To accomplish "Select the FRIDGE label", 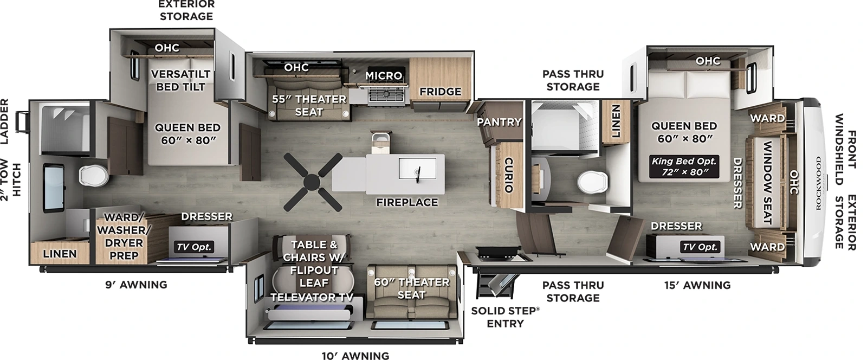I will (x=440, y=92).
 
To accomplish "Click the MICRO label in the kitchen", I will (x=384, y=75).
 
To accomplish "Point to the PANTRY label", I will (x=499, y=122).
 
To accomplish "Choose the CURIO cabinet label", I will (x=508, y=175).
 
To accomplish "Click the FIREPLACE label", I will (x=407, y=202).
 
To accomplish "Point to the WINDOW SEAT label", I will (x=767, y=183).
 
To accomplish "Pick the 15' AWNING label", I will (x=697, y=285).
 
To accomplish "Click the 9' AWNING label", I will (x=135, y=285).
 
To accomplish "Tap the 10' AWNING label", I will (x=355, y=356).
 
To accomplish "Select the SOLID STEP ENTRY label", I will (x=505, y=317).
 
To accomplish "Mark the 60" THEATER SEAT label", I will (x=411, y=288).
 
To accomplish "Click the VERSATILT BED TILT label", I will (x=180, y=80).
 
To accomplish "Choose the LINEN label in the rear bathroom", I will (x=60, y=254).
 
